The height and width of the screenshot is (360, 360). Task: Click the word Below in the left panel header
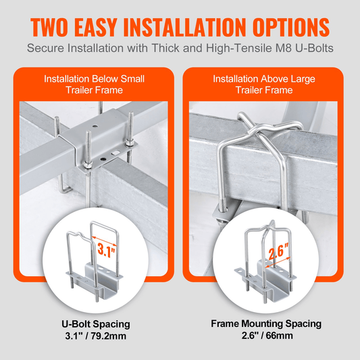coord(109,79)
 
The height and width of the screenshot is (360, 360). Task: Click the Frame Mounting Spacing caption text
coord(265,323)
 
